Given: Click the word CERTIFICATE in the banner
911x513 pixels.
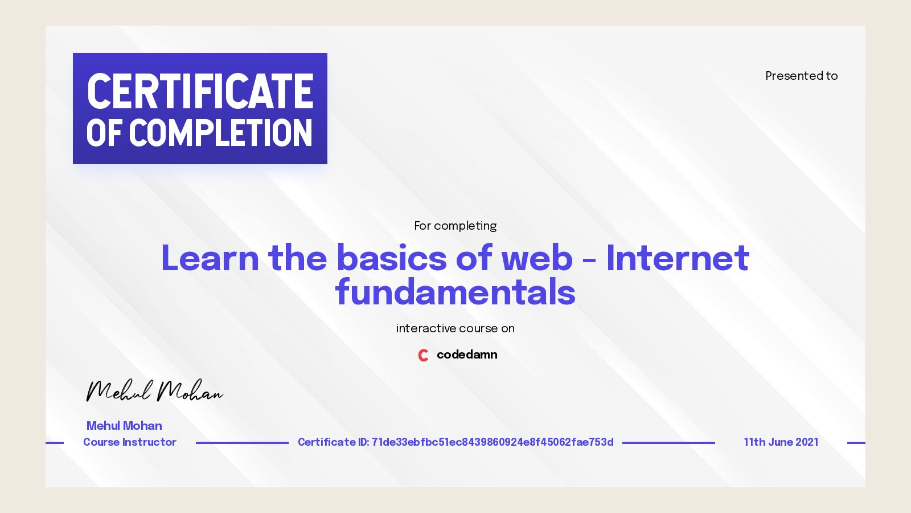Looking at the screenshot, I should [200, 91].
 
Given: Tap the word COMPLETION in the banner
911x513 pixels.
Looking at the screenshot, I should [220, 133].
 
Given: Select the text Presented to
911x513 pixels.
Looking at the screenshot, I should [801, 76].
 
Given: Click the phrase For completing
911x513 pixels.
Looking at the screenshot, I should [455, 226].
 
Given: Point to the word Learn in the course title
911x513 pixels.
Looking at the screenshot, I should [210, 258].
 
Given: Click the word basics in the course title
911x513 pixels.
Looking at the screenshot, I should [392, 258].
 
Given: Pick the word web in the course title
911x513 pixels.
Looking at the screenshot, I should [536, 258].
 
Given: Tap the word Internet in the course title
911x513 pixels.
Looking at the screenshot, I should [678, 258].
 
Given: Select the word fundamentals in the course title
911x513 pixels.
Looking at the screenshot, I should [455, 292].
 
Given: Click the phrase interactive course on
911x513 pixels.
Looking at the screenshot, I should [455, 328].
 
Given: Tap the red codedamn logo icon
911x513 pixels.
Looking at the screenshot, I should [423, 355].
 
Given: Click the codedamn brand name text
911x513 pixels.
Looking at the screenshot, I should [467, 355].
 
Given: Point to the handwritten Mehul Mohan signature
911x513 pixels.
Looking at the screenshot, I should [154, 391].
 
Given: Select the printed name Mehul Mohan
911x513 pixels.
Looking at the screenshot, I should [124, 426].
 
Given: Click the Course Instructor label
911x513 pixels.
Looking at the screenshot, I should [130, 442].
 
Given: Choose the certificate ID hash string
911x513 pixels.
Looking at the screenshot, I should [493, 442].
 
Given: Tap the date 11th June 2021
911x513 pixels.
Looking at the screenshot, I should [781, 442].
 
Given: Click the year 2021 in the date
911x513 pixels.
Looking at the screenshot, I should [807, 442].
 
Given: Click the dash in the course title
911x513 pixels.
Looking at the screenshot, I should [589, 261].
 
